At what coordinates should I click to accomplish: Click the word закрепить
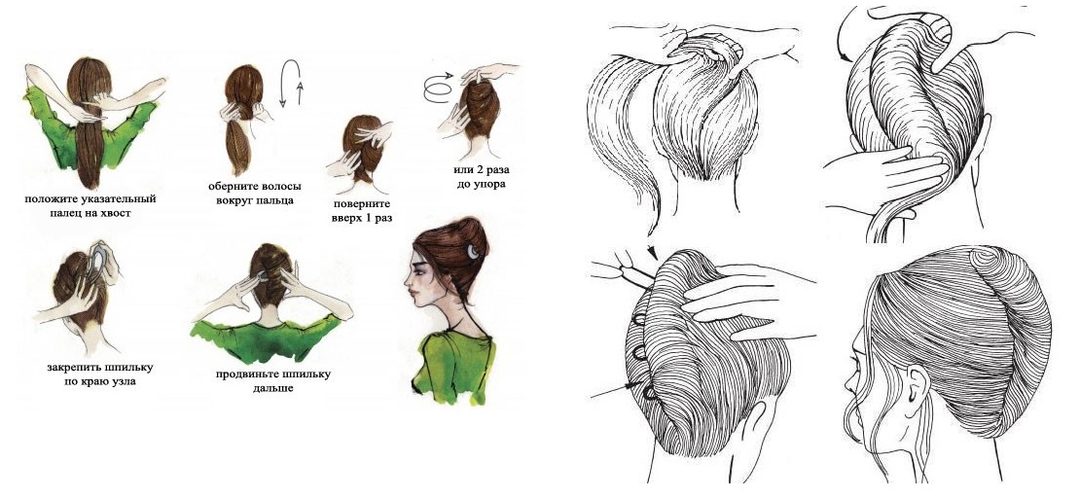(x=77, y=368)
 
